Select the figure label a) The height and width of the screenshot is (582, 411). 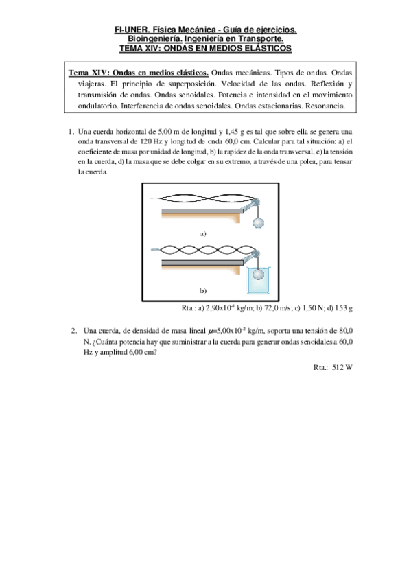click(x=203, y=234)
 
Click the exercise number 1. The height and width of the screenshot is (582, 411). click(x=71, y=132)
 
